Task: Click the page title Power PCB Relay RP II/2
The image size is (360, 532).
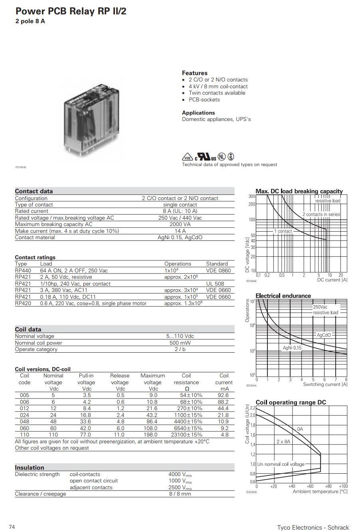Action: click(x=71, y=11)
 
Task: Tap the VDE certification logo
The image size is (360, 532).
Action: click(x=188, y=157)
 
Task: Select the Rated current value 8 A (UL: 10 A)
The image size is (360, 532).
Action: click(x=180, y=211)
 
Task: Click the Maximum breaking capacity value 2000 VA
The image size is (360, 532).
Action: click(x=180, y=224)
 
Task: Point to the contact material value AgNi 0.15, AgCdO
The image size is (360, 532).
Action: click(x=180, y=238)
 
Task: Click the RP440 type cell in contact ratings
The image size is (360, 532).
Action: click(x=23, y=271)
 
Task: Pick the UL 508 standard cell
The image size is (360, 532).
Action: click(x=215, y=284)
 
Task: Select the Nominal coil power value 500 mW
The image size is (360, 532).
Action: click(x=180, y=343)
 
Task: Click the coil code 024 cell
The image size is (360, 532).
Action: click(x=24, y=415)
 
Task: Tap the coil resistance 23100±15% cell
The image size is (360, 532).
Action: click(x=186, y=435)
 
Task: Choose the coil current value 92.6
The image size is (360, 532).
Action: click(x=223, y=395)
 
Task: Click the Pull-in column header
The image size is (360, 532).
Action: click(x=86, y=376)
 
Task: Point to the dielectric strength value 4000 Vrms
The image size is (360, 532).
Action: click(x=180, y=474)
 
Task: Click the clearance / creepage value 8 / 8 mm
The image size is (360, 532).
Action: click(x=180, y=494)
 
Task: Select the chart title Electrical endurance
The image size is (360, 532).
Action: click(x=283, y=296)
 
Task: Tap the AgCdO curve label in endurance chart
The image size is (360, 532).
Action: click(x=324, y=335)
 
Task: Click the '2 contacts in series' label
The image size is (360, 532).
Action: click(x=321, y=214)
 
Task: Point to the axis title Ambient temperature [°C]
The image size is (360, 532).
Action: click(x=320, y=492)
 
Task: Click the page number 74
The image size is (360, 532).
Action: click(x=12, y=527)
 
